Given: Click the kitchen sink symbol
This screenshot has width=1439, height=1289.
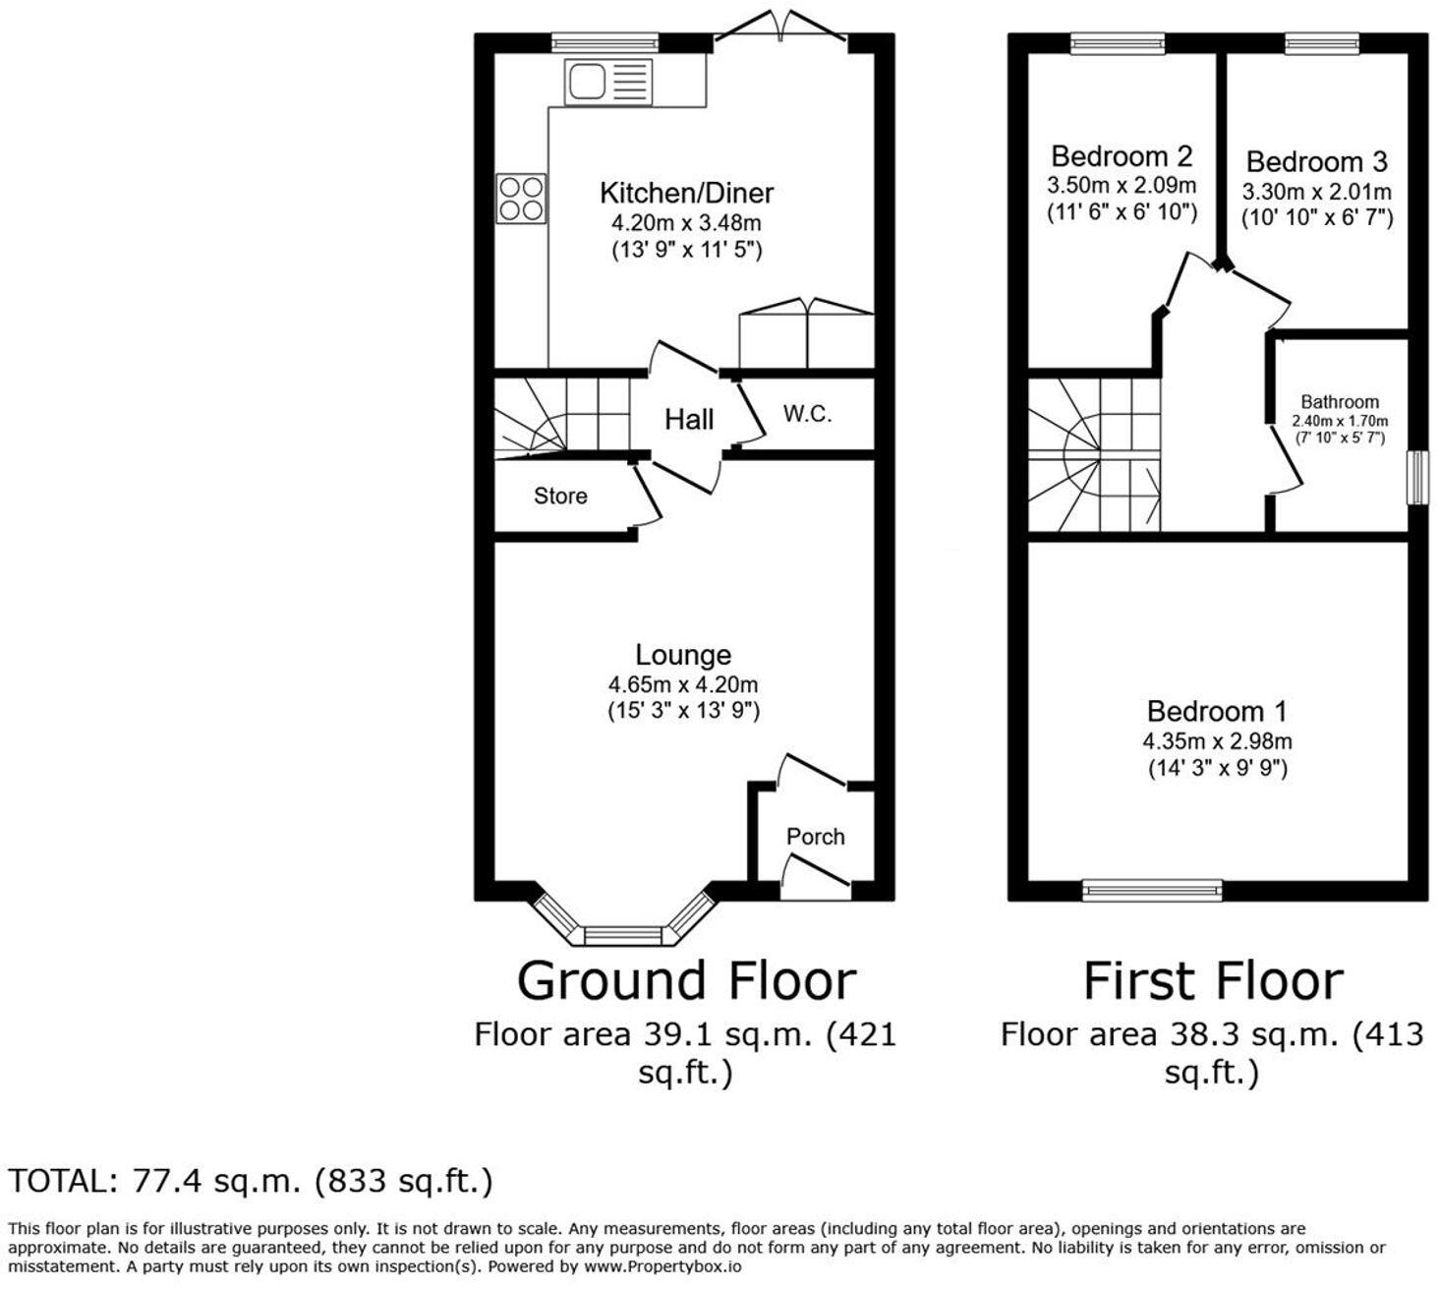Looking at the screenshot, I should [607, 82].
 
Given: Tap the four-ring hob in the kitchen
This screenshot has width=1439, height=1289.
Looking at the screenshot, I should [521, 198].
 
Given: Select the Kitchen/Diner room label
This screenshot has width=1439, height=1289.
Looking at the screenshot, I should [686, 193].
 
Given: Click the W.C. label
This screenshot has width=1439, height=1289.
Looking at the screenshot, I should [807, 414].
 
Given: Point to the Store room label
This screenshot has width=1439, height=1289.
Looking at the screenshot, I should [560, 497].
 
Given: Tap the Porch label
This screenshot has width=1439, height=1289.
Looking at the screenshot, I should [815, 837].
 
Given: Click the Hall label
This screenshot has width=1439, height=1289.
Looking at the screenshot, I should [688, 420].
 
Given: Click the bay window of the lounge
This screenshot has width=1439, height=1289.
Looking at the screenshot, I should [623, 930].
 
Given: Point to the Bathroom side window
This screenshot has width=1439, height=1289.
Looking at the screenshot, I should [1416, 478].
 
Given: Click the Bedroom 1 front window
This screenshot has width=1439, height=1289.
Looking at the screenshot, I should [1152, 890].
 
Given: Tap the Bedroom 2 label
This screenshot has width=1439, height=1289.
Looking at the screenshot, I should [1122, 156].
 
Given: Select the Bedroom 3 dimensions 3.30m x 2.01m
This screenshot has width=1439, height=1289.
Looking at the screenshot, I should [1317, 192].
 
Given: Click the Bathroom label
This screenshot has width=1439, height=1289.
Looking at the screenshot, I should [1339, 402].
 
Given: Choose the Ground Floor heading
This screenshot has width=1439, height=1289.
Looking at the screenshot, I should [686, 981].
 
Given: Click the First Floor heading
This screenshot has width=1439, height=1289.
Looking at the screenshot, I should [1213, 981].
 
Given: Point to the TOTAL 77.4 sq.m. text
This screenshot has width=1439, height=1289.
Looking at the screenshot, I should [251, 1181].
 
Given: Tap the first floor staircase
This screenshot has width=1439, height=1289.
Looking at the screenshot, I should [1094, 455].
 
